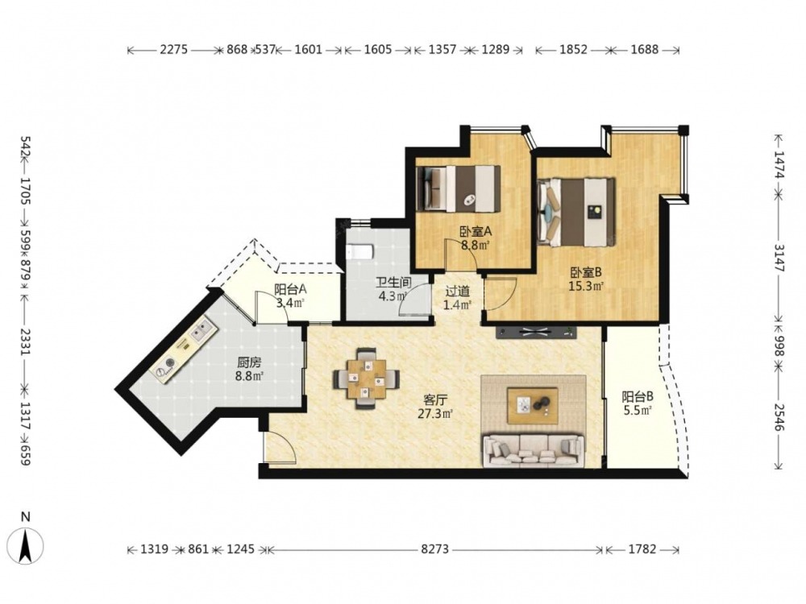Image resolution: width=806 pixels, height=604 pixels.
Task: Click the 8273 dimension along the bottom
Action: coord(435,549)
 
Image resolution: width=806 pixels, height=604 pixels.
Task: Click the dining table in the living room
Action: coord(367,378)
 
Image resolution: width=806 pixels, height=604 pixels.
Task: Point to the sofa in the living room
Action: coord(534,451)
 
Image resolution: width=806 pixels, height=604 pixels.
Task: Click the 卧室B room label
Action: coord(585,272)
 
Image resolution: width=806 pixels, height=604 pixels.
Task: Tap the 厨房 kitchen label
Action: coord(249,362)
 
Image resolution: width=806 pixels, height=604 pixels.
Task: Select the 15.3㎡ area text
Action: coord(586,286)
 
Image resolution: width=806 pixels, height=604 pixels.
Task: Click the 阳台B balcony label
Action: coord(638,396)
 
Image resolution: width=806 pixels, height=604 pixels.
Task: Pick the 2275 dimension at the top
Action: coord(174,50)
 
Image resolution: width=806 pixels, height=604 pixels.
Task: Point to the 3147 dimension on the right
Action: coord(779,258)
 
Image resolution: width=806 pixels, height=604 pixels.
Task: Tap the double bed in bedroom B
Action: coord(576,212)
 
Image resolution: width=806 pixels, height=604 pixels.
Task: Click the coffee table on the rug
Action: coord(533,406)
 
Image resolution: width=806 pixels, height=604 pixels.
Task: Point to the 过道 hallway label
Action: coord(457,292)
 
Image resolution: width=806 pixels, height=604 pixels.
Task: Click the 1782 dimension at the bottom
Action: coord(642,549)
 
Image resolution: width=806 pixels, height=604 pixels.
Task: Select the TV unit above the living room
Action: coord(536,332)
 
